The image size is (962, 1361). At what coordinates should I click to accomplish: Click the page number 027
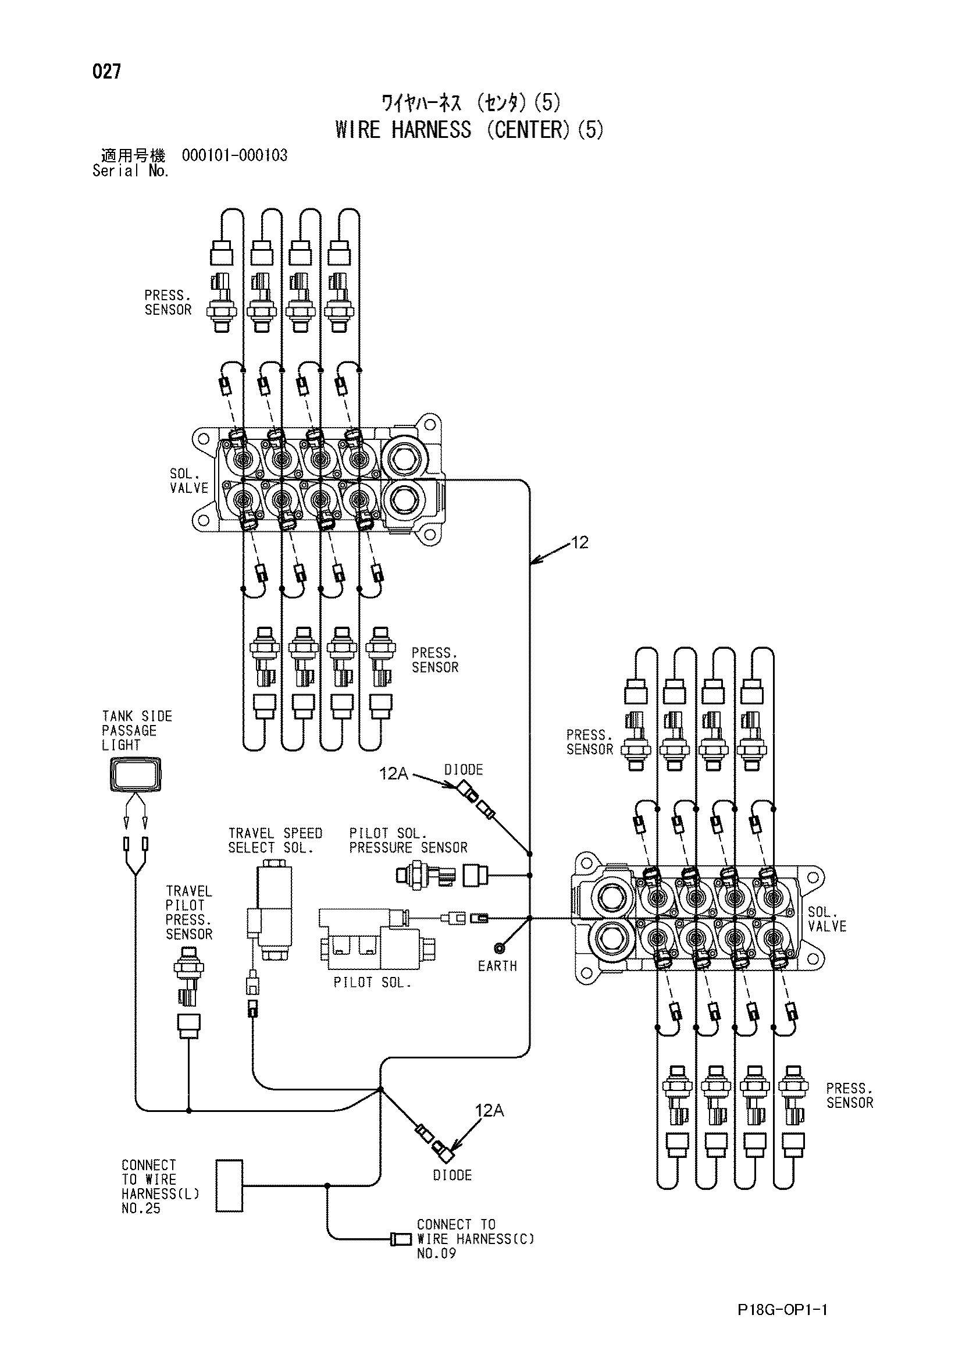(106, 72)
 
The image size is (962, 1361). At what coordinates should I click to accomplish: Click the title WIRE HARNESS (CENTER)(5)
(469, 130)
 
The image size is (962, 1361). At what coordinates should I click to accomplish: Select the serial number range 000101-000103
(234, 155)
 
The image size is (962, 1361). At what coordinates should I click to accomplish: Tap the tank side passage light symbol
(136, 774)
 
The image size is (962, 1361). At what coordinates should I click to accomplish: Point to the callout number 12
(579, 542)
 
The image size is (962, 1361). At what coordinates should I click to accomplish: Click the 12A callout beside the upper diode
(393, 773)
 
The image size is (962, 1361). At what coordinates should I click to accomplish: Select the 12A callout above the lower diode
(489, 1110)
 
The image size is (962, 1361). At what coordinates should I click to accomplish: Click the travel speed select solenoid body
(270, 914)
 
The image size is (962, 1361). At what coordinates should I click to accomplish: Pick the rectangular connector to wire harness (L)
(229, 1185)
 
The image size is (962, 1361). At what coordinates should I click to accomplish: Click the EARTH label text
(498, 966)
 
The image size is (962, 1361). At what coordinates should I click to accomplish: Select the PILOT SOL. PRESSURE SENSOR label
(408, 841)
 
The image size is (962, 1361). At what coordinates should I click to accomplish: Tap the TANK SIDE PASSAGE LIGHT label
(137, 731)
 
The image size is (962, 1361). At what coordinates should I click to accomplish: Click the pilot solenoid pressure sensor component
(440, 875)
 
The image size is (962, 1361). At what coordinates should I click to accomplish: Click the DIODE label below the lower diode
(452, 1175)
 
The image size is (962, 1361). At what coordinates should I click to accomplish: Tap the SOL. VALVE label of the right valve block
(827, 919)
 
